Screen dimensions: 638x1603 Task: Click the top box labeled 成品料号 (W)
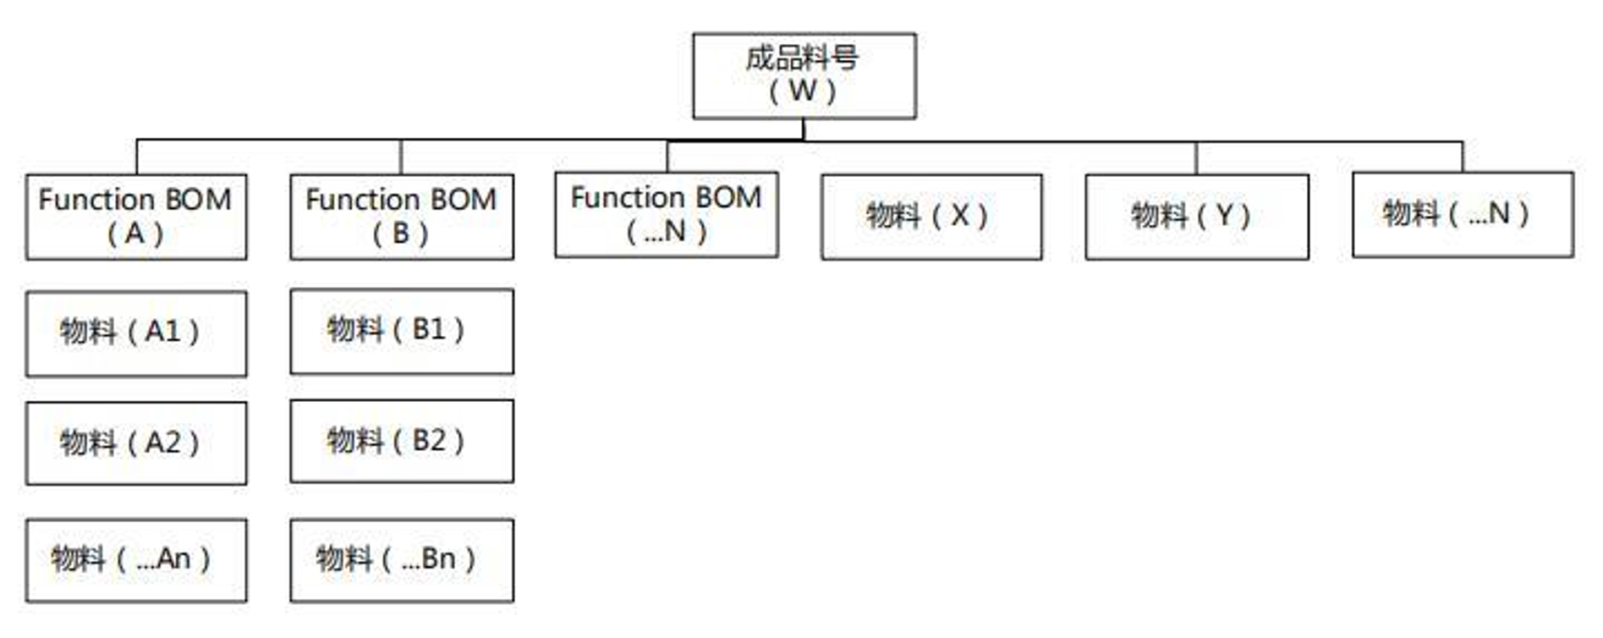(804, 76)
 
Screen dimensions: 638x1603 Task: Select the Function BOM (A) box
(136, 217)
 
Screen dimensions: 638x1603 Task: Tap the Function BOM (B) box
(401, 217)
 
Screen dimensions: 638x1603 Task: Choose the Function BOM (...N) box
(667, 215)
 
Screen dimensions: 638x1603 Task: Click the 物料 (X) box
(931, 217)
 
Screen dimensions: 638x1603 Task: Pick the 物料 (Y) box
(1196, 217)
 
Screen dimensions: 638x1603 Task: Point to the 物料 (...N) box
(1463, 215)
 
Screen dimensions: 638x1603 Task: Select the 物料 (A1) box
(136, 333)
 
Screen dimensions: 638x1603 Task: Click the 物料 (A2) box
(136, 443)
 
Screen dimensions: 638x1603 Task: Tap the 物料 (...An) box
(136, 560)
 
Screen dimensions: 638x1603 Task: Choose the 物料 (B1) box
(401, 332)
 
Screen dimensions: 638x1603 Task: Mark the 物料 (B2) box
(401, 442)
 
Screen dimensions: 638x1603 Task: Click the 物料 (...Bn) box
(401, 560)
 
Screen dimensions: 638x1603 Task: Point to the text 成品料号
(802, 58)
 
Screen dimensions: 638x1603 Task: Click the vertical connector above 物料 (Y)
(1196, 158)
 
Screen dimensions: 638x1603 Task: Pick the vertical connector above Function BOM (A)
(137, 157)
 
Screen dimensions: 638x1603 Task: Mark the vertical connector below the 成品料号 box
(804, 129)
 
